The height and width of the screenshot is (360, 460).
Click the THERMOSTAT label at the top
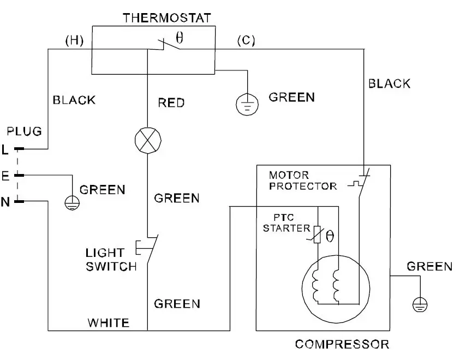coord(166,17)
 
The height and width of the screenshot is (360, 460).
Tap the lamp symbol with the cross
coord(148,140)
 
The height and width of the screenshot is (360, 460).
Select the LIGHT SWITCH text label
coord(111,260)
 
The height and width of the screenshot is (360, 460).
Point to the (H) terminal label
coord(74,41)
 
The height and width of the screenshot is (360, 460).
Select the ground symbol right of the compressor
coord(420,303)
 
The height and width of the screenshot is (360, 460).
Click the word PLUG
coord(24,131)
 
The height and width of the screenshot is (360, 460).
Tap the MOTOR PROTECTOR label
coord(302,181)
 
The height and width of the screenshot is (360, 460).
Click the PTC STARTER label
coord(286,223)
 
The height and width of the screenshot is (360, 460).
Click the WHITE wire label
coord(109,322)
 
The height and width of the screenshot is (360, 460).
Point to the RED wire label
coord(171,103)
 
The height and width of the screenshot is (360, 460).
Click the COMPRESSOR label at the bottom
coord(342,344)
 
